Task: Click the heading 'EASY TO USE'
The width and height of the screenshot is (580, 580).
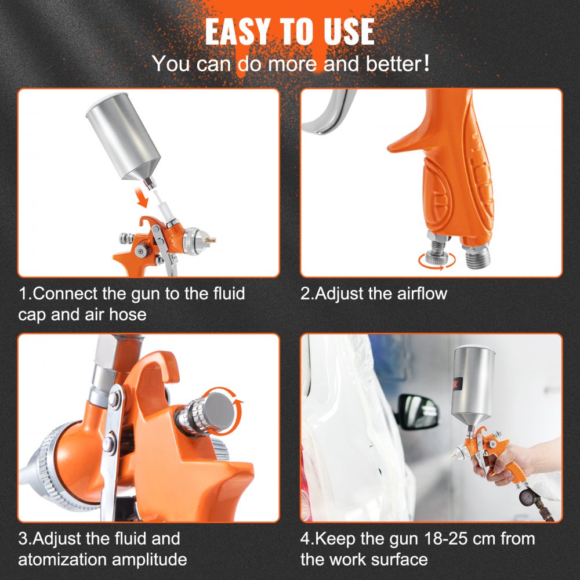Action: tap(289, 32)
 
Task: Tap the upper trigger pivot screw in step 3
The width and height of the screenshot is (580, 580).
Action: tap(114, 398)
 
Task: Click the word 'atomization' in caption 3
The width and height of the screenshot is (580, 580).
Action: tap(73, 560)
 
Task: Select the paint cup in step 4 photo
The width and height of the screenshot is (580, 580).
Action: tap(476, 386)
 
